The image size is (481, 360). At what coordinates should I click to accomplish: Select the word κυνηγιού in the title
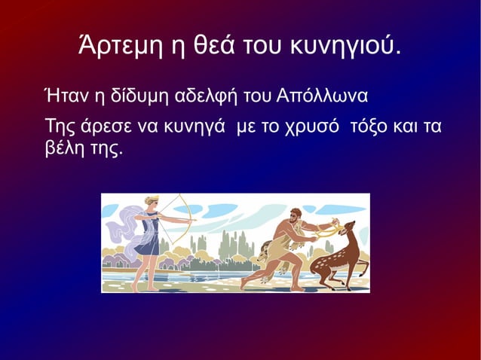[x=345, y=47]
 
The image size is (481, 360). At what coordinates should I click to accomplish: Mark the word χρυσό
[x=299, y=126]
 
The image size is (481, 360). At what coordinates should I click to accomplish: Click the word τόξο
[x=363, y=125]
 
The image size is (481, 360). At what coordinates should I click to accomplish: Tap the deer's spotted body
[x=335, y=260]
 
